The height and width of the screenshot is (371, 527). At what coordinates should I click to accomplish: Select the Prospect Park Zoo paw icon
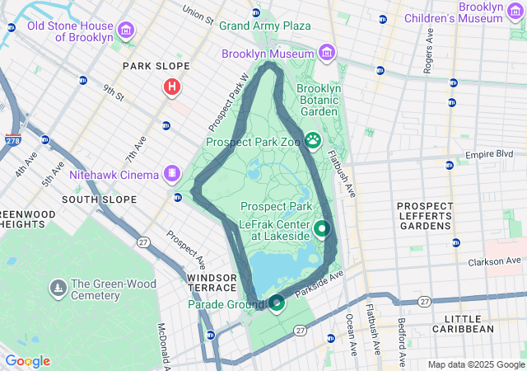[x=313, y=140]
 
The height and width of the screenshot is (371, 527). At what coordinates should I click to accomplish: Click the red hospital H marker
[x=171, y=86]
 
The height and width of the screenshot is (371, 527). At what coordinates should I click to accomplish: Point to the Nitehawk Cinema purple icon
[x=171, y=173]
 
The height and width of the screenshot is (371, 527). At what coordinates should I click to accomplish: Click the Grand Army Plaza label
[x=265, y=26]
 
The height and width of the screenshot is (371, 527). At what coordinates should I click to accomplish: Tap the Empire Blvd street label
[x=489, y=154]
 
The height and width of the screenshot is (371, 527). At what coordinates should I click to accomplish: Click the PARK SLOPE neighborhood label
[x=156, y=66]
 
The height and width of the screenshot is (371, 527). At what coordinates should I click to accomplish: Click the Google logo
[x=27, y=361]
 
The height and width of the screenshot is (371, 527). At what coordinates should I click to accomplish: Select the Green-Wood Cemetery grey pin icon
[x=58, y=287]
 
